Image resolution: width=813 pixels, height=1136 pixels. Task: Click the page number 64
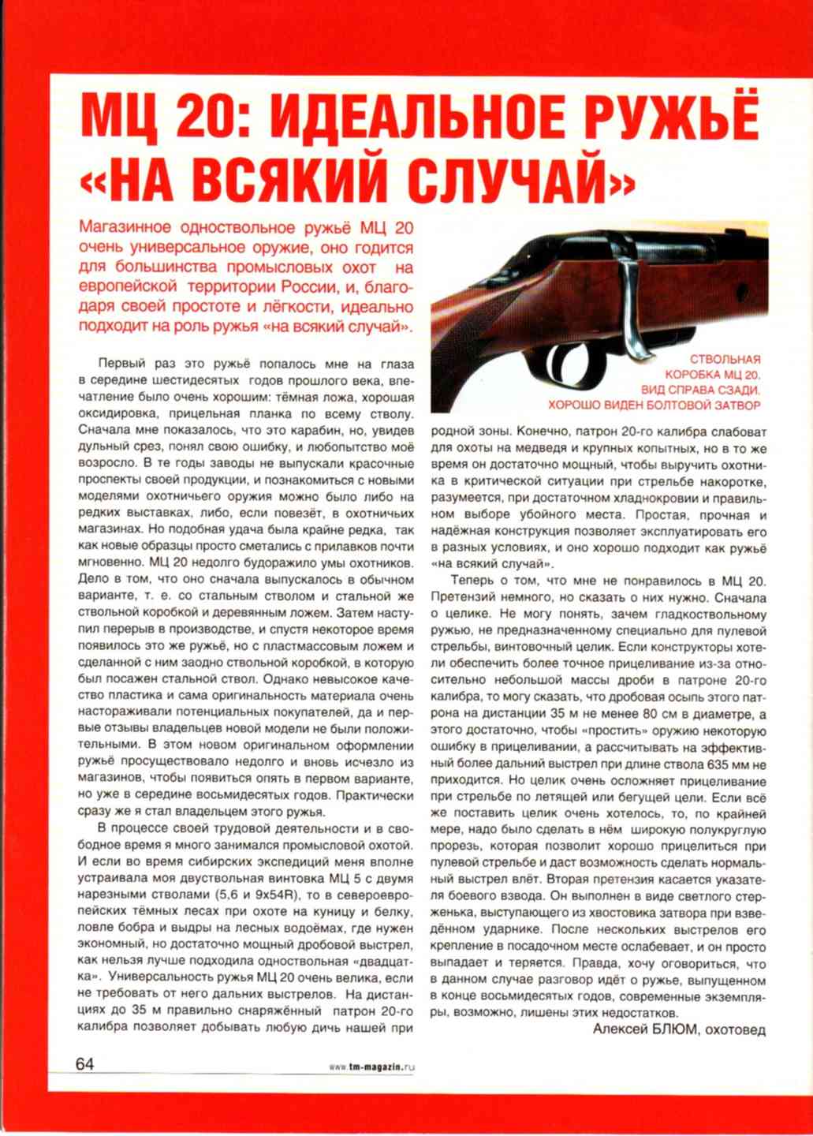click(84, 1063)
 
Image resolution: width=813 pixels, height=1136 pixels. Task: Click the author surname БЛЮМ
click(675, 1029)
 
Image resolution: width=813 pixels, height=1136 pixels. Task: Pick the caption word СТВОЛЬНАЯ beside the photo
click(725, 360)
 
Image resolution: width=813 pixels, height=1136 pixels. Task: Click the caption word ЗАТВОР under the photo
click(738, 405)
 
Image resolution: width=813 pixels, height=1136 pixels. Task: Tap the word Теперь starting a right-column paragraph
click(473, 581)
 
